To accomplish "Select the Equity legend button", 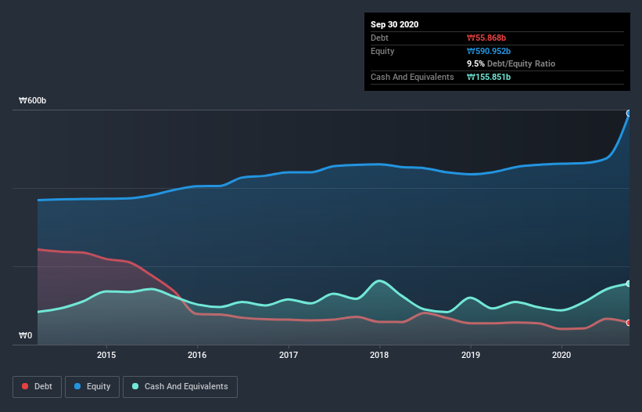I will [x=92, y=386].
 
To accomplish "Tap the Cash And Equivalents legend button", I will [x=180, y=386].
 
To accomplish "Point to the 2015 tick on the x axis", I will [x=106, y=355].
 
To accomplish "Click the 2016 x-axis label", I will [x=197, y=355].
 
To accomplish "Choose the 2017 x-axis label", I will [x=289, y=355].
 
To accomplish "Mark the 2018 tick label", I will [x=379, y=355].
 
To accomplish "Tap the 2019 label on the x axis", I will [x=471, y=355].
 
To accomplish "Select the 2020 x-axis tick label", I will [x=561, y=355].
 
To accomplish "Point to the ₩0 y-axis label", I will [x=26, y=336].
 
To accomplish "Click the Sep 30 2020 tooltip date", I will [x=394, y=24].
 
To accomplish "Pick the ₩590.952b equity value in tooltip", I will [x=491, y=51].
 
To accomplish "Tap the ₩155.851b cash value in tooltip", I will [x=489, y=77].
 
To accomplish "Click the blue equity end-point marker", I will [x=629, y=113].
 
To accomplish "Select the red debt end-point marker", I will [x=629, y=322].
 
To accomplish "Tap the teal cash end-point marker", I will [x=629, y=284].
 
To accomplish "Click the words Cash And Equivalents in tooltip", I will [x=412, y=77].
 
